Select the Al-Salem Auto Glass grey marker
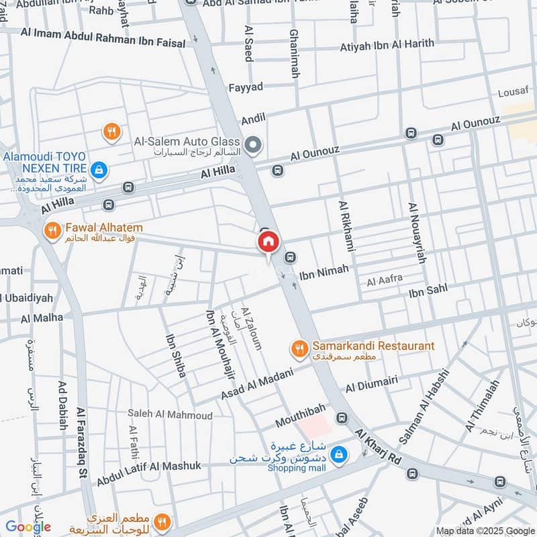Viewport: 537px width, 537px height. pos(253,144)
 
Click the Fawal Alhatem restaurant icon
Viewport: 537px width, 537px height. pos(52,232)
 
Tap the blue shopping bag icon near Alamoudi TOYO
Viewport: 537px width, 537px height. pos(99,170)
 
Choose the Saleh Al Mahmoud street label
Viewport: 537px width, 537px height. pos(170,416)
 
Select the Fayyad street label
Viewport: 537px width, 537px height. pos(246,87)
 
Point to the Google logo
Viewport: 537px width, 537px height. pos(28,527)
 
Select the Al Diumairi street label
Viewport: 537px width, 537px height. pos(372,385)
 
